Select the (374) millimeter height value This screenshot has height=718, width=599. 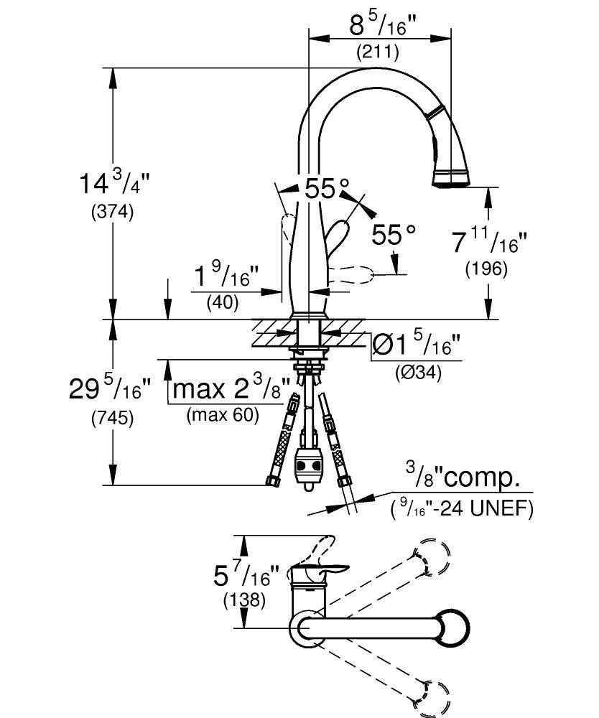click(112, 213)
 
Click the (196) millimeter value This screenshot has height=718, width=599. click(486, 269)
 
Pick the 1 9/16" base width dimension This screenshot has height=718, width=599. click(227, 275)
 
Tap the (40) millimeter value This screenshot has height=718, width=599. click(223, 302)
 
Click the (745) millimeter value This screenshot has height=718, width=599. click(112, 419)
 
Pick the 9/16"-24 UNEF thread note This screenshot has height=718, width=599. click(462, 508)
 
